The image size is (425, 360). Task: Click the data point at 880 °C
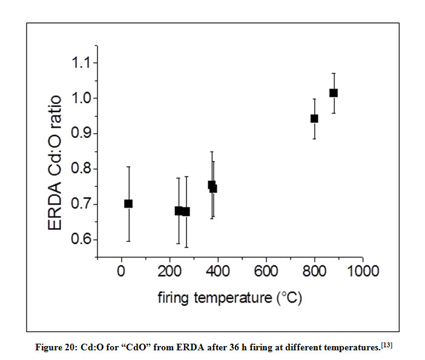tap(333, 93)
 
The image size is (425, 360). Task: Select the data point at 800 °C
tap(314, 118)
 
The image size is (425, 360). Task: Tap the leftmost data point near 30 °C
tap(128, 203)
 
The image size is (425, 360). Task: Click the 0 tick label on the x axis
tap(121, 270)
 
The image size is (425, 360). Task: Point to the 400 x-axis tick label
tap(218, 270)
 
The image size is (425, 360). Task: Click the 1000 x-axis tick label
tap(362, 270)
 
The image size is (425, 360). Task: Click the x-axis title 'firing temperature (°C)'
tap(230, 298)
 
